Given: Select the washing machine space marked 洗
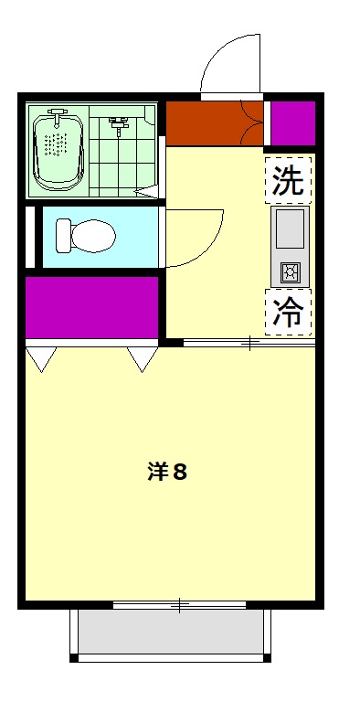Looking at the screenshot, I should click(x=289, y=179).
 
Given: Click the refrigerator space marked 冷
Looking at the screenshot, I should click(x=289, y=312).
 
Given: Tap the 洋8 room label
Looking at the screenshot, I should click(x=168, y=473).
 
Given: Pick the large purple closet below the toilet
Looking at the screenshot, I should click(x=91, y=306).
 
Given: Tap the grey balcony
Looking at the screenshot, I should click(x=171, y=632).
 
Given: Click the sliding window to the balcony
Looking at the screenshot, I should click(x=180, y=604).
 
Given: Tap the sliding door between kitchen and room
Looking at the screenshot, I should click(x=249, y=344).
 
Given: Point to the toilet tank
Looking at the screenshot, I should click(x=62, y=237).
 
